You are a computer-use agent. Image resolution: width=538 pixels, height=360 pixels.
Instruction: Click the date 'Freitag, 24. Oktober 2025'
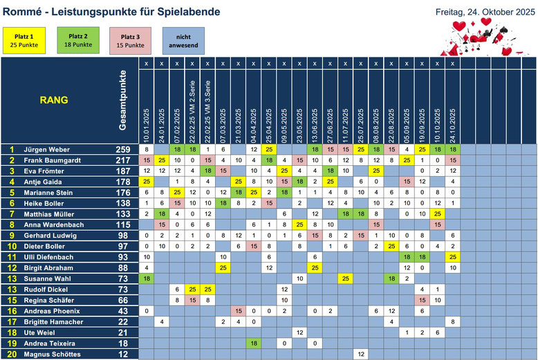486,11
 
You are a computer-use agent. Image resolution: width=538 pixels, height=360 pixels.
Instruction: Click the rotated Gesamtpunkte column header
123,100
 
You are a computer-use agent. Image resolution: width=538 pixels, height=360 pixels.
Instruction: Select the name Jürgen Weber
47,149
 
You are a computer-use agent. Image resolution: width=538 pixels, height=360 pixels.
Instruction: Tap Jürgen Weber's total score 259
123,149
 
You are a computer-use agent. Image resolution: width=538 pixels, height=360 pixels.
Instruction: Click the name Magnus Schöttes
51,354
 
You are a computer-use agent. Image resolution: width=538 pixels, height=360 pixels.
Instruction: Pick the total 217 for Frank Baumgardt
123,160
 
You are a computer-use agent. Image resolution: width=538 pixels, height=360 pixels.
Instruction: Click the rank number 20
11,354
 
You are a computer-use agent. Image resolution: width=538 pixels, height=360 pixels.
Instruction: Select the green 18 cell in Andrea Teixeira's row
254,343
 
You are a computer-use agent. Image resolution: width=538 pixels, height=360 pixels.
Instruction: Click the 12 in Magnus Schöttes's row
361,354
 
